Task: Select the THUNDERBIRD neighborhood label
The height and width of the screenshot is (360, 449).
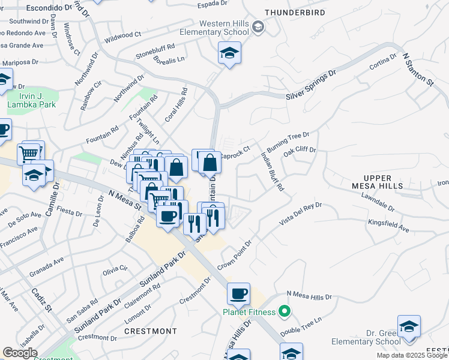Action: [295, 12]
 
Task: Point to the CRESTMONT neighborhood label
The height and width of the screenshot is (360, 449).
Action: [150, 331]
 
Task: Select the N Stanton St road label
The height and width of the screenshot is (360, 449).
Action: [418, 70]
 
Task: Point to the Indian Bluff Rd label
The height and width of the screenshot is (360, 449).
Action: [273, 171]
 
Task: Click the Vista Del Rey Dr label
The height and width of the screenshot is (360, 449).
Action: [300, 214]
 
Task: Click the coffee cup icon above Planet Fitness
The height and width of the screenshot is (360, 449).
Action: [239, 293]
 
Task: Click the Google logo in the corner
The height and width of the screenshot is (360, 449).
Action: [20, 353]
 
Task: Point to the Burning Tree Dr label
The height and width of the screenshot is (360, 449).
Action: [288, 143]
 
